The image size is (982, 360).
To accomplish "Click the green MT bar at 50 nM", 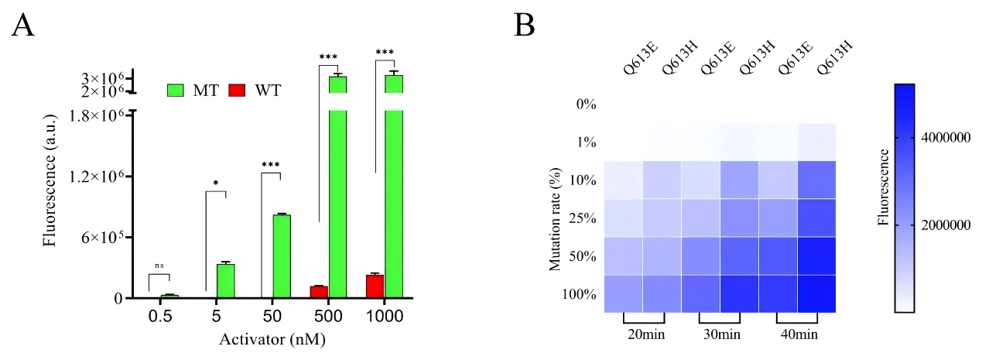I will click(x=281, y=255).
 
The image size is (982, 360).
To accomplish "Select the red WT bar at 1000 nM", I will click(x=375, y=286).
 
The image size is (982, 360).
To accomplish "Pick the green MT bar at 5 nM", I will click(x=225, y=280).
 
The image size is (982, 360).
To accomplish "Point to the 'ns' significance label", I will click(x=159, y=265).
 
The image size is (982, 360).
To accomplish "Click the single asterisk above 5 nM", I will click(x=216, y=183).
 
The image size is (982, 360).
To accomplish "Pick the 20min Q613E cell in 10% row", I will click(x=624, y=180).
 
